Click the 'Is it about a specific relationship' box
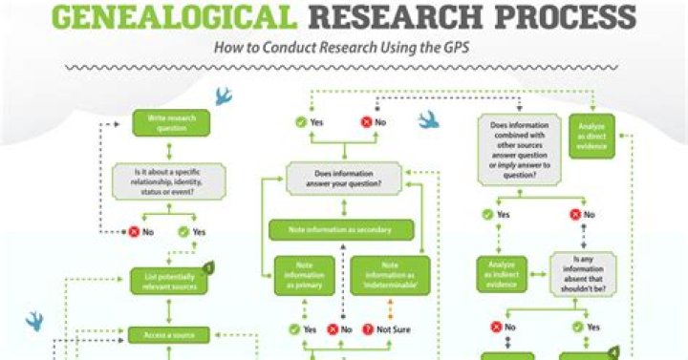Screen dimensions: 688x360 point(168,180)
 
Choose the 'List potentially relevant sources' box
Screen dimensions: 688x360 point(168,279)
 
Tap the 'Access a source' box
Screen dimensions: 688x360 point(168,335)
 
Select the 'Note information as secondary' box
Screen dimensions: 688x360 point(341,229)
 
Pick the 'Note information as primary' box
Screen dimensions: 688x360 point(305,275)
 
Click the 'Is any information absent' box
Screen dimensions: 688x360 point(582,274)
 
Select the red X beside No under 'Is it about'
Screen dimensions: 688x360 point(135,232)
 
